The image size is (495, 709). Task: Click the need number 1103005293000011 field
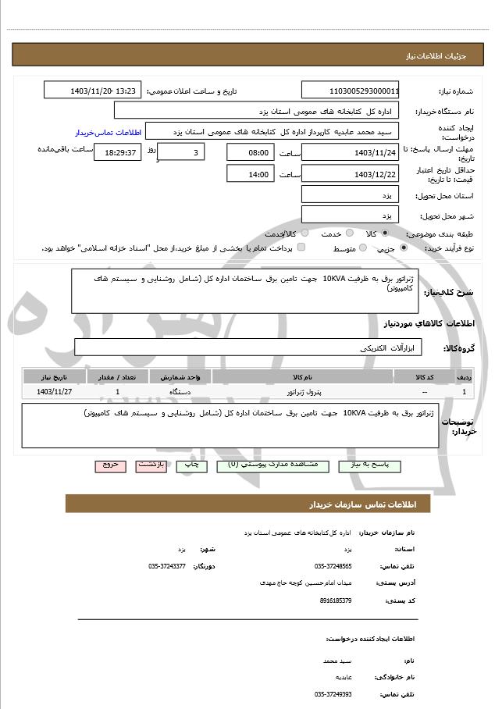click(x=350, y=91)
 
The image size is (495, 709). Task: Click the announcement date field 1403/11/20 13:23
click(x=93, y=91)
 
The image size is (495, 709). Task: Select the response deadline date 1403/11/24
click(x=350, y=152)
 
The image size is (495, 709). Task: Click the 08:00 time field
click(x=251, y=152)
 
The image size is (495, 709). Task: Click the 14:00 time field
click(x=251, y=174)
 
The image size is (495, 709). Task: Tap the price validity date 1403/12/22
click(x=350, y=174)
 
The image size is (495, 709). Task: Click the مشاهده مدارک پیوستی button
click(x=267, y=465)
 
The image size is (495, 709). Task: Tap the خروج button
click(x=110, y=465)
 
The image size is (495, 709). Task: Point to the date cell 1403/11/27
click(x=54, y=391)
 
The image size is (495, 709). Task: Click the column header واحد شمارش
click(x=180, y=376)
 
